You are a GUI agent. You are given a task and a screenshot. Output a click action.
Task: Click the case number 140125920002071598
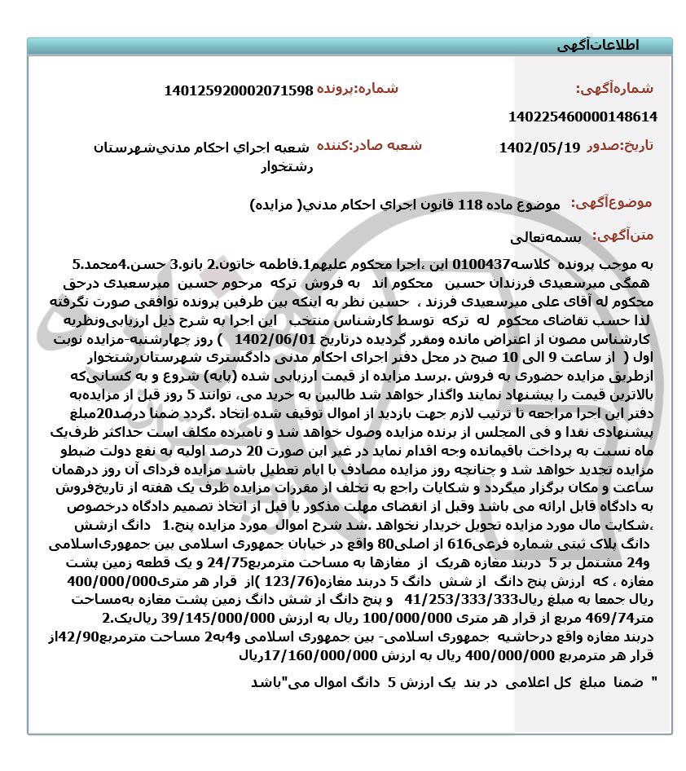click(238, 90)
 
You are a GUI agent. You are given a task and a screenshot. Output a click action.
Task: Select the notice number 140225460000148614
click(582, 117)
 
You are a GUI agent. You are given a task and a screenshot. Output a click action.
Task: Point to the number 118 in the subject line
click(472, 203)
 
